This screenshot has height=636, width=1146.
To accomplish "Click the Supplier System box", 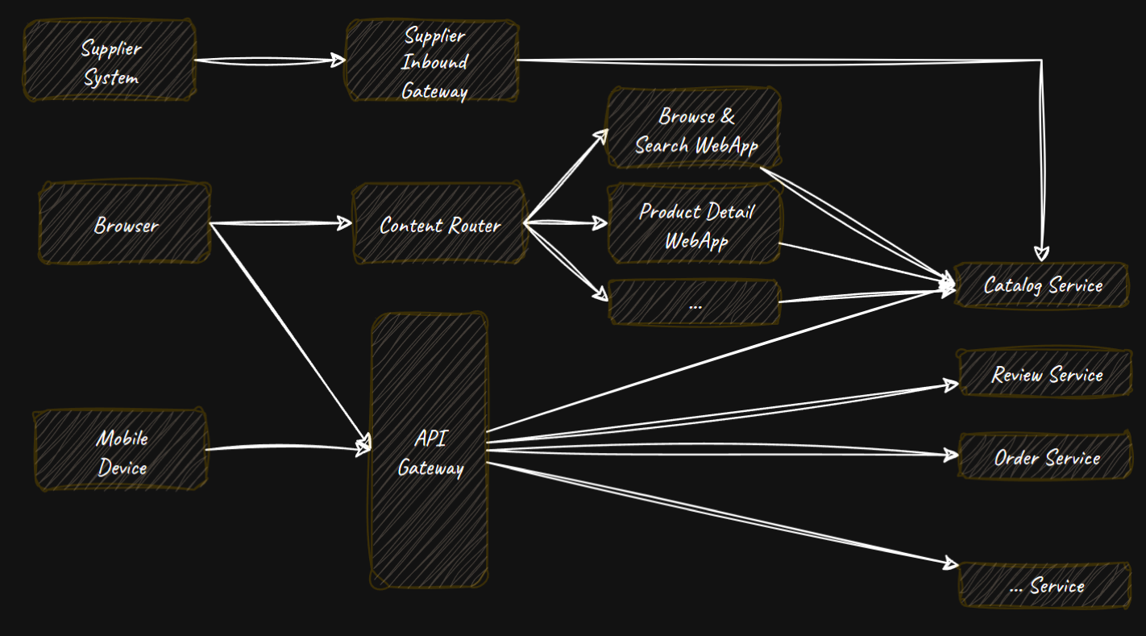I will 110,61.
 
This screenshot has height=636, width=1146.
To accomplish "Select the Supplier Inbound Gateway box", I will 433,62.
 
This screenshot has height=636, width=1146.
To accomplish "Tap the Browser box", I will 126,224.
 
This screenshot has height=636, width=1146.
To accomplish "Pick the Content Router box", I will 439,224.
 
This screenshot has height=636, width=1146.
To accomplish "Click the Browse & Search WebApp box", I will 695,129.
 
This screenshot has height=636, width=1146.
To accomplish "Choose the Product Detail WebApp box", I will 695,225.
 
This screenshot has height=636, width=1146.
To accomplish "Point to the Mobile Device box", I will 121,451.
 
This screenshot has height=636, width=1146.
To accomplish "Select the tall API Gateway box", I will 430,451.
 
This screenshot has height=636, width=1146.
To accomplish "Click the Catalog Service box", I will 1043,285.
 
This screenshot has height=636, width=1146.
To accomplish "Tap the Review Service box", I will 1046,374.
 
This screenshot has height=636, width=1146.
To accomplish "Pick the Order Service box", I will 1046,458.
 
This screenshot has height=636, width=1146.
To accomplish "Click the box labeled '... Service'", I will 1046,586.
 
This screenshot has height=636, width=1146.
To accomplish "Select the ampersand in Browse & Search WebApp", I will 727,116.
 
